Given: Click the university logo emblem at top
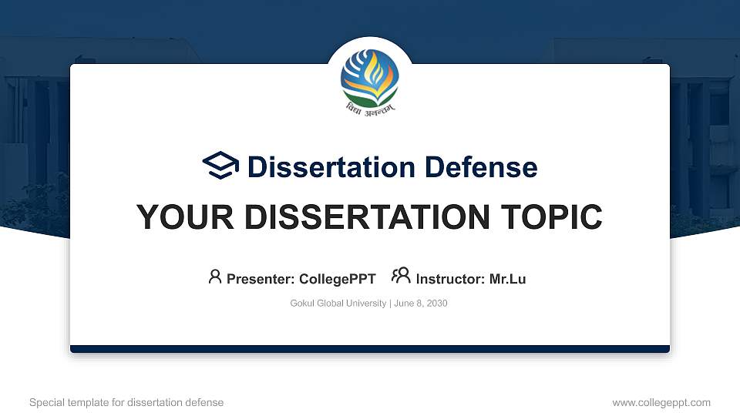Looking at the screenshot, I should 370,77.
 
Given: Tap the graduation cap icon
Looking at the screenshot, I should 220,166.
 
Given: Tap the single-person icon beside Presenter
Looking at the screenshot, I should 215,277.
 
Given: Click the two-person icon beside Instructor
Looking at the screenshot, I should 401,277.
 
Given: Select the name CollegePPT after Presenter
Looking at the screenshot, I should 338,279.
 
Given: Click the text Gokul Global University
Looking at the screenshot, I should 338,304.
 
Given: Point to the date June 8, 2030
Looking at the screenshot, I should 421,304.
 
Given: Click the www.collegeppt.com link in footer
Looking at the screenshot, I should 661,402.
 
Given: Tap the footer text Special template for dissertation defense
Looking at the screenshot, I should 126,402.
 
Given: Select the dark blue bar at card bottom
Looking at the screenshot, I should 370,349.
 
